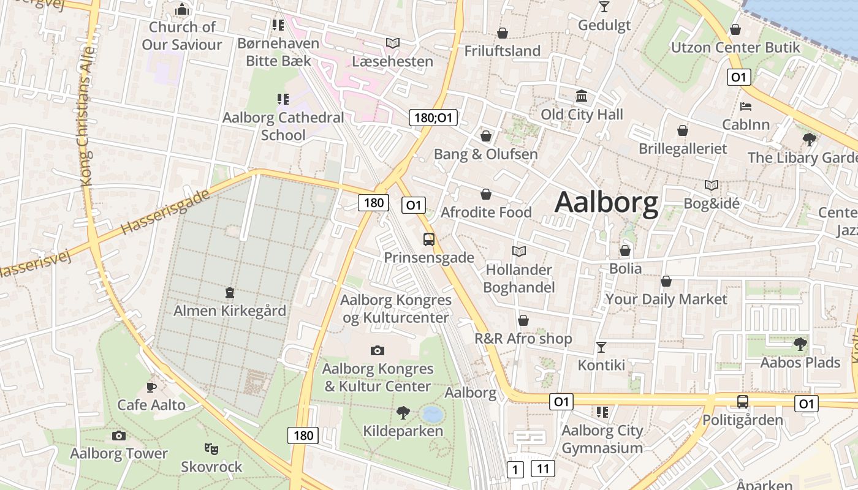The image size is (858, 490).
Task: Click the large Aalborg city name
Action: [606, 203]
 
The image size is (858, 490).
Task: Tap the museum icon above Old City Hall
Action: [582, 96]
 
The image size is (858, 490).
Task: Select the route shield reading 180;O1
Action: [433, 117]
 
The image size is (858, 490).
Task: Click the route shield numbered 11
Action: [542, 469]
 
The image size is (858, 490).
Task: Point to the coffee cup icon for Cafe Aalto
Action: [151, 387]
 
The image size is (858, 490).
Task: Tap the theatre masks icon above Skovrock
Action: [211, 449]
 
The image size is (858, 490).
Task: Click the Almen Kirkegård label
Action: [230, 311]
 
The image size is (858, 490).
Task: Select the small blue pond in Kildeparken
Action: [433, 415]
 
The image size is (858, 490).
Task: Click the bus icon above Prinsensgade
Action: [429, 239]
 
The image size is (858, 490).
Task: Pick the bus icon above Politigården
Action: [742, 402]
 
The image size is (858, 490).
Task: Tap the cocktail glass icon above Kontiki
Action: [601, 347]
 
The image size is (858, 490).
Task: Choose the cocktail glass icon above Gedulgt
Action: [604, 7]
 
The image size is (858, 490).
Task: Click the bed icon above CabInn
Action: [746, 107]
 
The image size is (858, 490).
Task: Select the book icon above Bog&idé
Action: [711, 185]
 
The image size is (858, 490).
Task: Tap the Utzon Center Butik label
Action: [735, 47]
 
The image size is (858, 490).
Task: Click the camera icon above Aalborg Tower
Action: [119, 436]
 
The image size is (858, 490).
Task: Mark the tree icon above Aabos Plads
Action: [800, 344]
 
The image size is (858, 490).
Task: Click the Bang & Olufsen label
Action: [485, 154]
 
